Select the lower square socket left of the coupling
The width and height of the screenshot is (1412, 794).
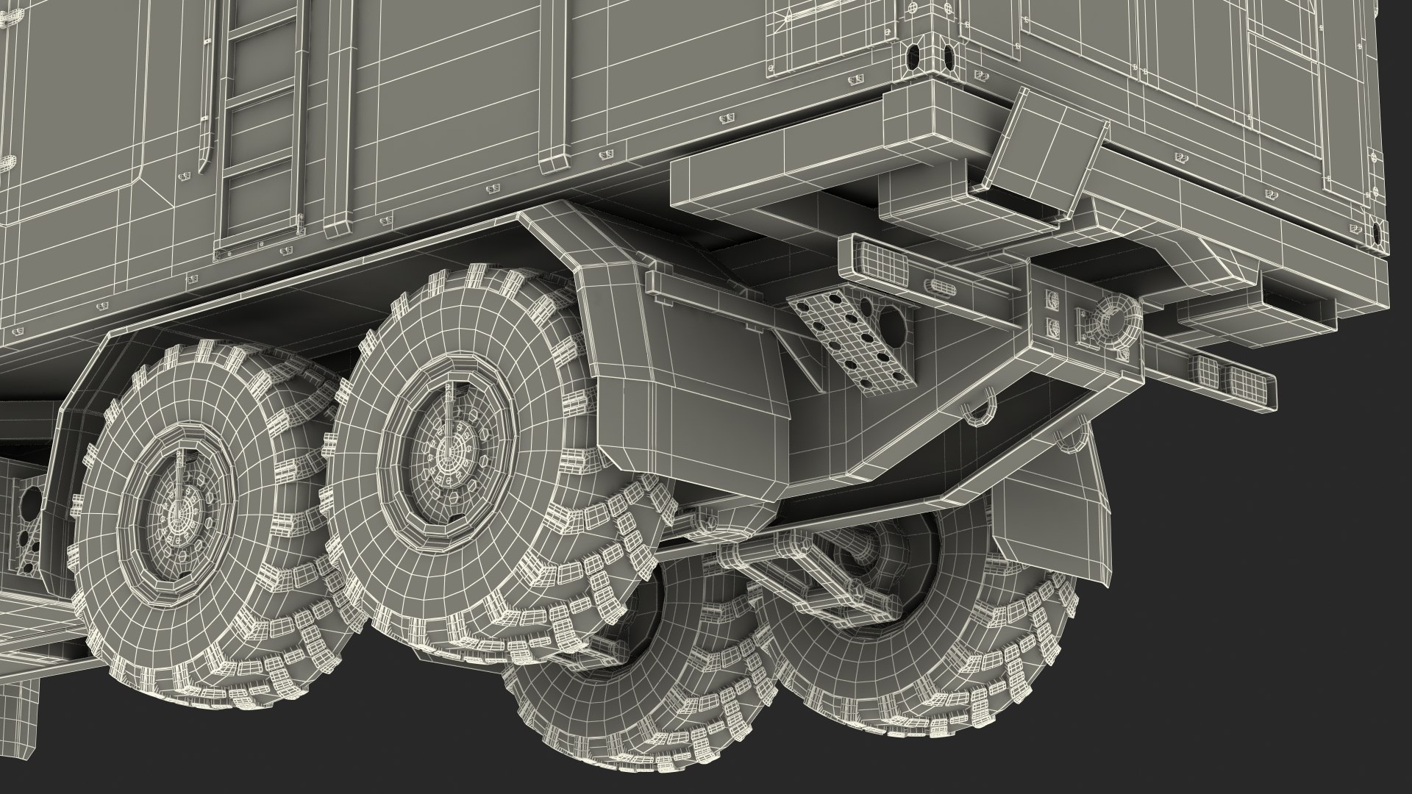coord(1052,328)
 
